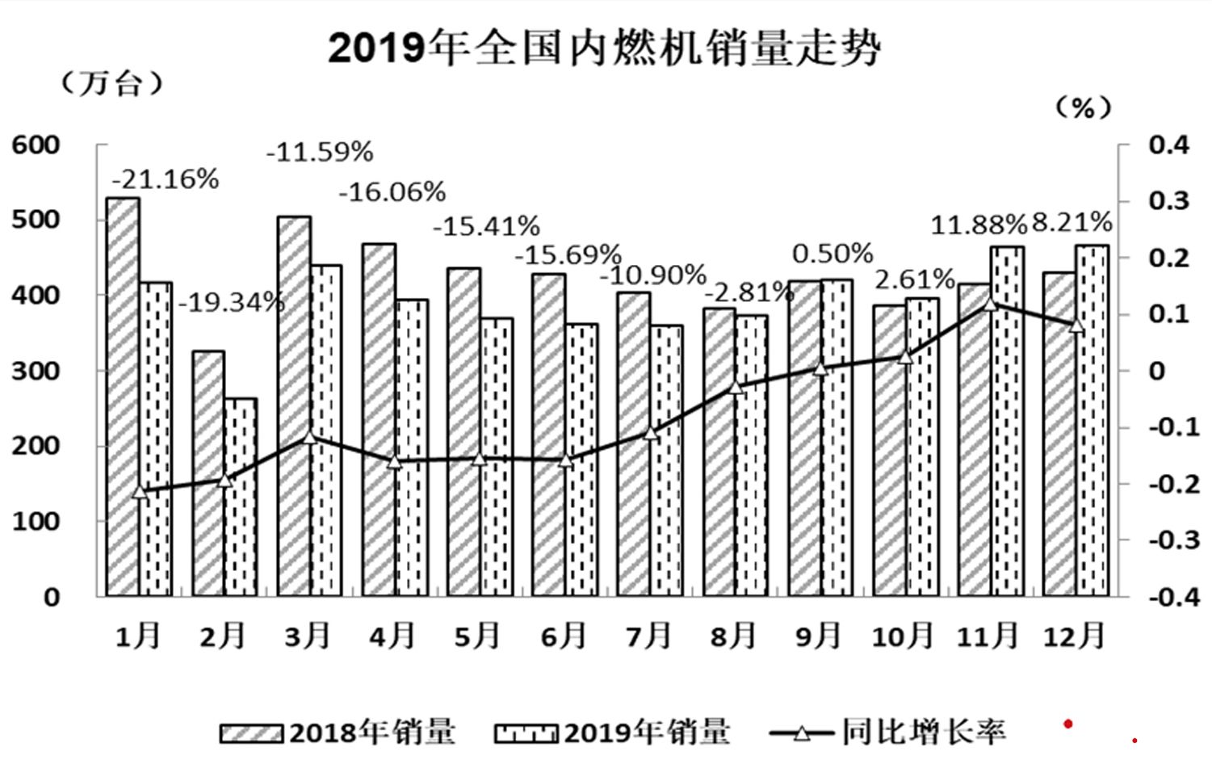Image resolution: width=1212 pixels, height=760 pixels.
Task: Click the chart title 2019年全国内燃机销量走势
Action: tap(603, 48)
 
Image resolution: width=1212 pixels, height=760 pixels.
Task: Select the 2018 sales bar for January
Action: tap(123, 396)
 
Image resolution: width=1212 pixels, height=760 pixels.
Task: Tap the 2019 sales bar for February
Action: tap(241, 497)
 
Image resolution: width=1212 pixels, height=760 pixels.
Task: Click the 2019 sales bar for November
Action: tap(1007, 420)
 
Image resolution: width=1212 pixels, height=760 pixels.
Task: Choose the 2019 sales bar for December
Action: tap(1092, 420)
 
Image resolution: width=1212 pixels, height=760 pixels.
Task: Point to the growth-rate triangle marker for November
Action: tap(991, 304)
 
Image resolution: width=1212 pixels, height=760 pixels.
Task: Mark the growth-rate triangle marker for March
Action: tap(309, 437)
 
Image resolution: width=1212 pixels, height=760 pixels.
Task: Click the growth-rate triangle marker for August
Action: tap(735, 387)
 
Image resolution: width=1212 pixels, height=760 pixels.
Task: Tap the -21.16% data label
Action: tap(166, 179)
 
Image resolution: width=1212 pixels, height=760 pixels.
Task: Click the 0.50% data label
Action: tap(832, 254)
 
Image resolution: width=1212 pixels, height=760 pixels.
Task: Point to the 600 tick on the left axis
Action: tap(36, 145)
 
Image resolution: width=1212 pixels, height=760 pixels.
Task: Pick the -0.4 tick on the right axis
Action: tap(1168, 597)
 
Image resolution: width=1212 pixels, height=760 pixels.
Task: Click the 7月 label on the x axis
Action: tap(648, 636)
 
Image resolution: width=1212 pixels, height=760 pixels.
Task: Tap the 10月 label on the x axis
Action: tap(903, 636)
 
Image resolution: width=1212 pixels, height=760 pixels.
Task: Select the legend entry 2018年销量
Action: tap(338, 732)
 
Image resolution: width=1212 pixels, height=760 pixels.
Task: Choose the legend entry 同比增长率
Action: tap(888, 732)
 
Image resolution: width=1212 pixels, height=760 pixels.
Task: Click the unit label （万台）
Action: tap(112, 82)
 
